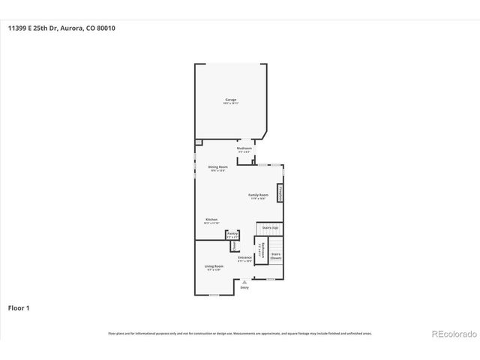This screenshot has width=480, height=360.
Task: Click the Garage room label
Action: click(x=230, y=100)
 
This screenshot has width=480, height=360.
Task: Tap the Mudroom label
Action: click(x=244, y=149)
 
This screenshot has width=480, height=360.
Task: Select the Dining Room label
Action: click(x=217, y=168)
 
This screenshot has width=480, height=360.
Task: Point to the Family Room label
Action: click(x=258, y=196)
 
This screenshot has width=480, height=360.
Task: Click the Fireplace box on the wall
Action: click(x=280, y=193)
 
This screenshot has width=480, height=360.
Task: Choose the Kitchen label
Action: click(x=211, y=221)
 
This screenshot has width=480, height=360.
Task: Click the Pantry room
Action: click(x=232, y=235)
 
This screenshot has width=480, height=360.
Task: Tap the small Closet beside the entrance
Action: click(x=232, y=245)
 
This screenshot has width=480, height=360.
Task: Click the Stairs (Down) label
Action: click(x=275, y=256)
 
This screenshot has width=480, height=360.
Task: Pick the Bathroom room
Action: click(x=262, y=251)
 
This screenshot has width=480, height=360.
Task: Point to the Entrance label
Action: click(x=244, y=259)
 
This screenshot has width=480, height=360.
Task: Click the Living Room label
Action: click(x=214, y=268)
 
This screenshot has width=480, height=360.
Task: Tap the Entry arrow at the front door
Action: click(x=244, y=281)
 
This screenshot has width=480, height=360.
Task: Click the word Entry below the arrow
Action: click(x=244, y=288)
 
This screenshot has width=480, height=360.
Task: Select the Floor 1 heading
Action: click(x=19, y=307)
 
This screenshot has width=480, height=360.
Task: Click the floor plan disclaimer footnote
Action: click(x=240, y=333)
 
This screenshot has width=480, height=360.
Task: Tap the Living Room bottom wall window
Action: click(x=214, y=295)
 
